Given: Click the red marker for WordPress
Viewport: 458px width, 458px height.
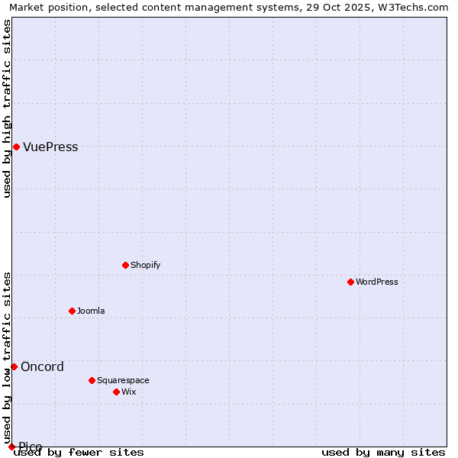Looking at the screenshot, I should [350, 282].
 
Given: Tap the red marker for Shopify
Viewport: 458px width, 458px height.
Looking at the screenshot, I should [125, 265].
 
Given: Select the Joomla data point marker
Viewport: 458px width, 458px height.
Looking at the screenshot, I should [72, 311].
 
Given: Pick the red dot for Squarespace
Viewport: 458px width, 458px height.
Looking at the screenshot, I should [92, 380].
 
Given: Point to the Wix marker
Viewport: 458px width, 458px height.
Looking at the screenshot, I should [116, 392].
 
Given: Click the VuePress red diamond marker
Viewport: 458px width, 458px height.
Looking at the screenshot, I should [16, 147].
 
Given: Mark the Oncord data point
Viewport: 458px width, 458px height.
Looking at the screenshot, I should [14, 366].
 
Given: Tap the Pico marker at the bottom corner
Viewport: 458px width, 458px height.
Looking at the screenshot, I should [11, 447].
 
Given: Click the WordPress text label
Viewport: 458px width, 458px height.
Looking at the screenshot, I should [377, 282].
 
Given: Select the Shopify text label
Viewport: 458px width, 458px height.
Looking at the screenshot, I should [145, 265].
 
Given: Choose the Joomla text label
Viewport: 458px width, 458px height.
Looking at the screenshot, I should [91, 311].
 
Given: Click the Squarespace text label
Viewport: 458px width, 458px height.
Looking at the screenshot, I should [123, 380].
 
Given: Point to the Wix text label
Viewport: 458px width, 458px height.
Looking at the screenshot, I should [128, 392].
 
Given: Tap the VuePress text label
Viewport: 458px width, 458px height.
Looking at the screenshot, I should [50, 147].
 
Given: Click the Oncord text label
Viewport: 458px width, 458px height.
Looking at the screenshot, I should [42, 366].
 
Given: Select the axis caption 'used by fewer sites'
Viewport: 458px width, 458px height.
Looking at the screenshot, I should [79, 453].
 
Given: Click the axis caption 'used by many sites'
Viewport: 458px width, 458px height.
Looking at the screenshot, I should [382, 453].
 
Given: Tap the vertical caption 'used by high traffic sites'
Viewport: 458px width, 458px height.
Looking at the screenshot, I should [7, 108].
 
